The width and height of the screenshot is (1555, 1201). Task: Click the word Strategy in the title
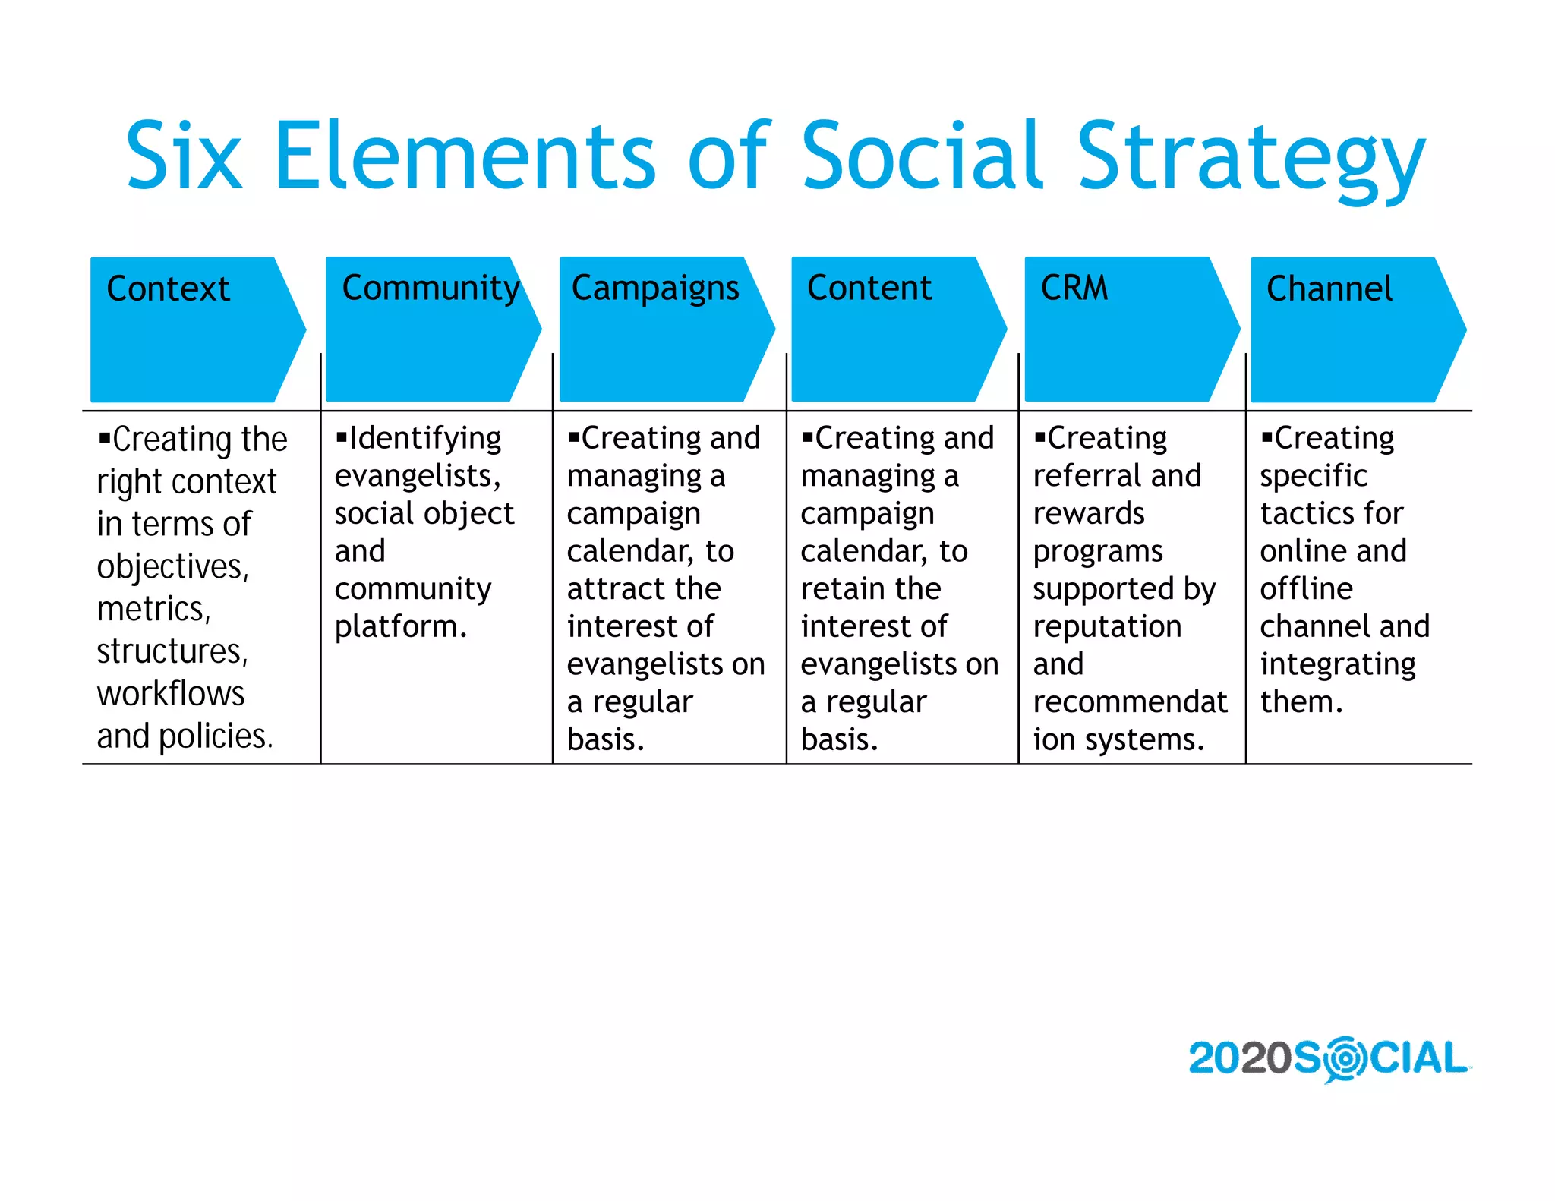point(1251,157)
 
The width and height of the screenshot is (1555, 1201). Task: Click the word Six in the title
point(184,156)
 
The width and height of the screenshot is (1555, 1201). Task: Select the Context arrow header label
point(168,288)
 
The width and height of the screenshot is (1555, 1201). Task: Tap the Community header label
point(431,288)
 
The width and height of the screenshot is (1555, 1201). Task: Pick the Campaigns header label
point(654,288)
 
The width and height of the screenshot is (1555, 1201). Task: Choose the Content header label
point(869,288)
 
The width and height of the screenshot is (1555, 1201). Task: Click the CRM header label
point(1074,288)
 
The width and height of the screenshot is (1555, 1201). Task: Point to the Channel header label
point(1329,288)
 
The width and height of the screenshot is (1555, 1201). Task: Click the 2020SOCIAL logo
point(1328,1058)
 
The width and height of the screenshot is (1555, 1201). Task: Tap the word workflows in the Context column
point(171,694)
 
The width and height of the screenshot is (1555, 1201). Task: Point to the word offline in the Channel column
point(1306,589)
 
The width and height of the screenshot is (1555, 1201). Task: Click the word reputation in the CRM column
point(1107,627)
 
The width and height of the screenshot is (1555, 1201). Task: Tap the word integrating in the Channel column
point(1338,665)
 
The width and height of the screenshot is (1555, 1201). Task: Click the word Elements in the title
point(464,156)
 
